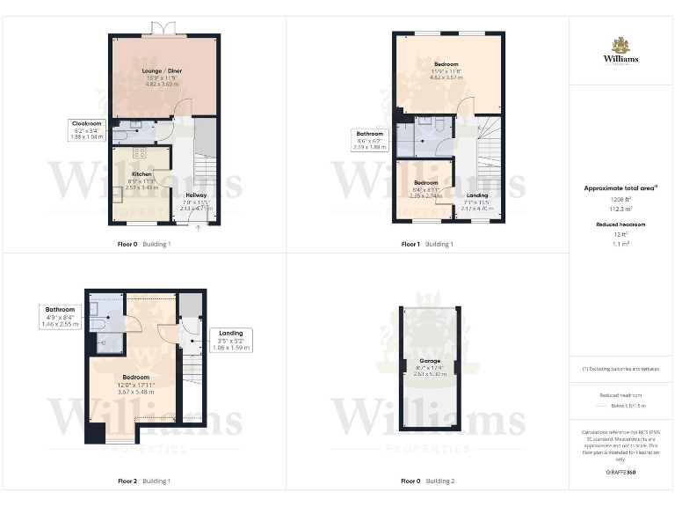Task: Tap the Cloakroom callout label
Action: coord(87,130)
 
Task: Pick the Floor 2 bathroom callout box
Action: coord(60,317)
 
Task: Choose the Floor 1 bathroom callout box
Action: coord(370,140)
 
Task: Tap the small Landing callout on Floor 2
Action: coord(231,340)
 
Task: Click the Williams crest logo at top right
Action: coord(621,46)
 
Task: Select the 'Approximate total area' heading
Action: coord(621,188)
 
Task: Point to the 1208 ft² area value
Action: coord(621,200)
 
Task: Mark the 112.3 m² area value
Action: coord(621,209)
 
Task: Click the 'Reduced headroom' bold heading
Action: coord(621,225)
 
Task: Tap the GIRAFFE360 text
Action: coord(621,473)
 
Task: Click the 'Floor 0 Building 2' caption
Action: coord(428,481)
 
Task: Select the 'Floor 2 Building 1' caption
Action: coord(144,481)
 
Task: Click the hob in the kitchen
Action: coord(163,156)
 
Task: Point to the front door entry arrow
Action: coord(198,227)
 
